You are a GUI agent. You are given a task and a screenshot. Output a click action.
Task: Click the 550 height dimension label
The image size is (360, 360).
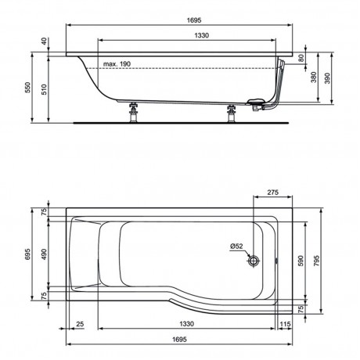click(x=27, y=88)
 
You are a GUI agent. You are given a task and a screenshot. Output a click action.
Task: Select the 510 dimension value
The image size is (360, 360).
click(x=44, y=89)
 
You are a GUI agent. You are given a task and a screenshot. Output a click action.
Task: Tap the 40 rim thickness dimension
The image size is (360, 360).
click(x=44, y=41)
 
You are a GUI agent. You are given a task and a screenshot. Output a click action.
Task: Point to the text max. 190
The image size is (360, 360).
click(x=117, y=64)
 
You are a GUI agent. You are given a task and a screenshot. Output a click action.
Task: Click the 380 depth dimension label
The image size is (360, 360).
click(x=314, y=77)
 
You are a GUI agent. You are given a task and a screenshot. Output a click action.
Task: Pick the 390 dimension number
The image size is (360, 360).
click(x=327, y=78)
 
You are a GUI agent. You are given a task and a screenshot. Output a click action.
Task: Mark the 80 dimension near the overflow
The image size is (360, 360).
click(x=301, y=58)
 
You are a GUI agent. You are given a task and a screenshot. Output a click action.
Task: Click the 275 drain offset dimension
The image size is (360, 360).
click(x=272, y=193)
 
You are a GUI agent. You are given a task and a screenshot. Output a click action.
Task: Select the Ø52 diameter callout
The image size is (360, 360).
click(x=236, y=246)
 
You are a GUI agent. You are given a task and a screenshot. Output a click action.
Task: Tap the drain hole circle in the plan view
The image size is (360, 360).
click(x=254, y=261)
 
